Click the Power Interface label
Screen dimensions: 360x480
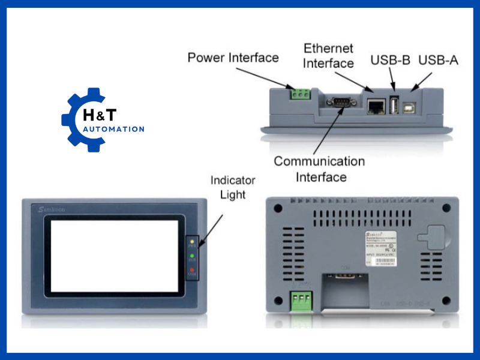click(x=233, y=58)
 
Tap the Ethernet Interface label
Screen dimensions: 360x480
click(x=328, y=55)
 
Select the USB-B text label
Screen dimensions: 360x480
click(x=391, y=60)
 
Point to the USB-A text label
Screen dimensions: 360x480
click(x=438, y=60)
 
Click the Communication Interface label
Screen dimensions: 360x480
click(x=319, y=169)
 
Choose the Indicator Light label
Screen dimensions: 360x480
click(x=233, y=187)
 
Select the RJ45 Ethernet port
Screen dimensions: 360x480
click(x=376, y=106)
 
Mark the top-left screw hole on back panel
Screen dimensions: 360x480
click(x=278, y=208)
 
